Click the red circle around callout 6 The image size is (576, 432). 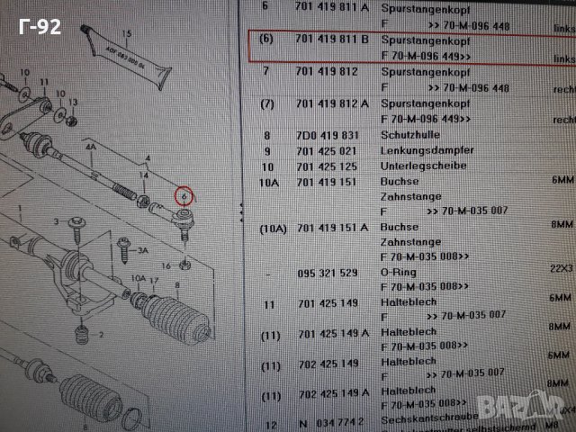(184, 193)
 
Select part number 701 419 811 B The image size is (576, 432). (332, 40)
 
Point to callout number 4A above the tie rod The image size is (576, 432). (90, 145)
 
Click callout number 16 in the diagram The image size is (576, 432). (165, 266)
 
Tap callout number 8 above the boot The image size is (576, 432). (176, 285)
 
